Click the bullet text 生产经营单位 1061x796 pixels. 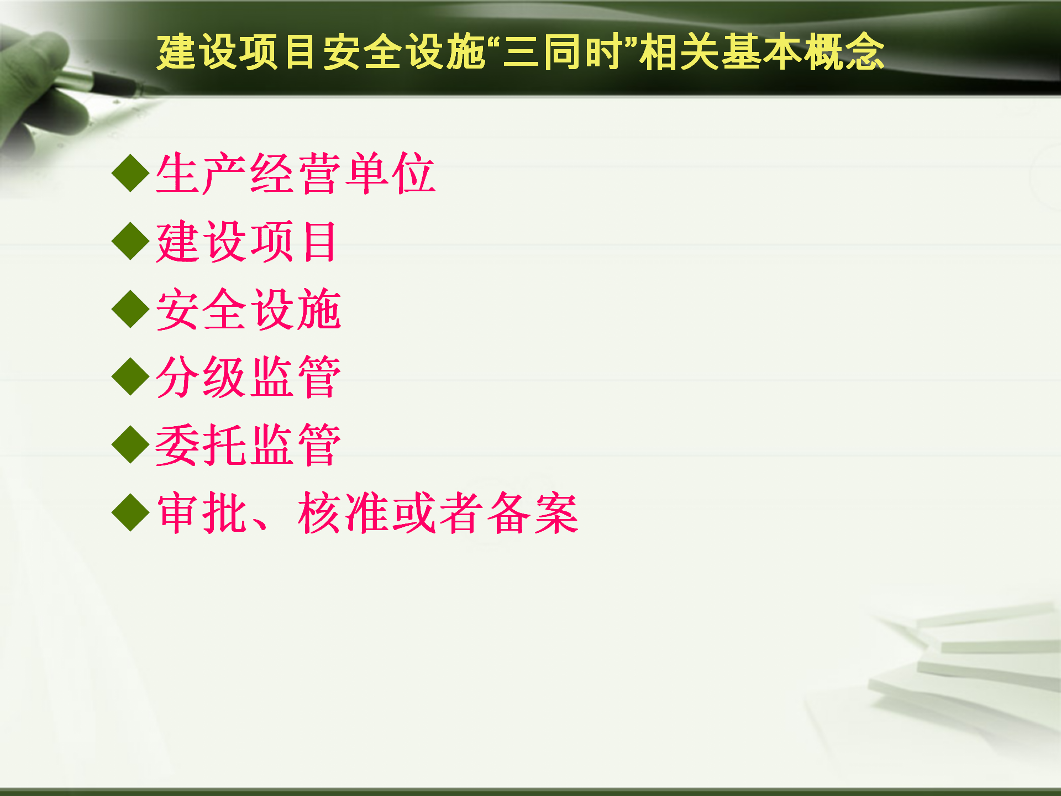(296, 174)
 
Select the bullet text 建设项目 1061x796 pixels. (246, 242)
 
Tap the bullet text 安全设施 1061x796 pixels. (249, 310)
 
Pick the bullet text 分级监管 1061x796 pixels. (249, 378)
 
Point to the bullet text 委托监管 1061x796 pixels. (249, 446)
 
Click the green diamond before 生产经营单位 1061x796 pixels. (130, 174)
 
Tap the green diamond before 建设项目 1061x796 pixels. (130, 242)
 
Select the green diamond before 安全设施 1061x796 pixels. (130, 310)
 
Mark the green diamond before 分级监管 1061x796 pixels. (130, 378)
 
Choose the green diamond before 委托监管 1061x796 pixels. (130, 446)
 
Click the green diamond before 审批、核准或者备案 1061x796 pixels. (130, 514)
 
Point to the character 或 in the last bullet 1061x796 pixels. (414, 514)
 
